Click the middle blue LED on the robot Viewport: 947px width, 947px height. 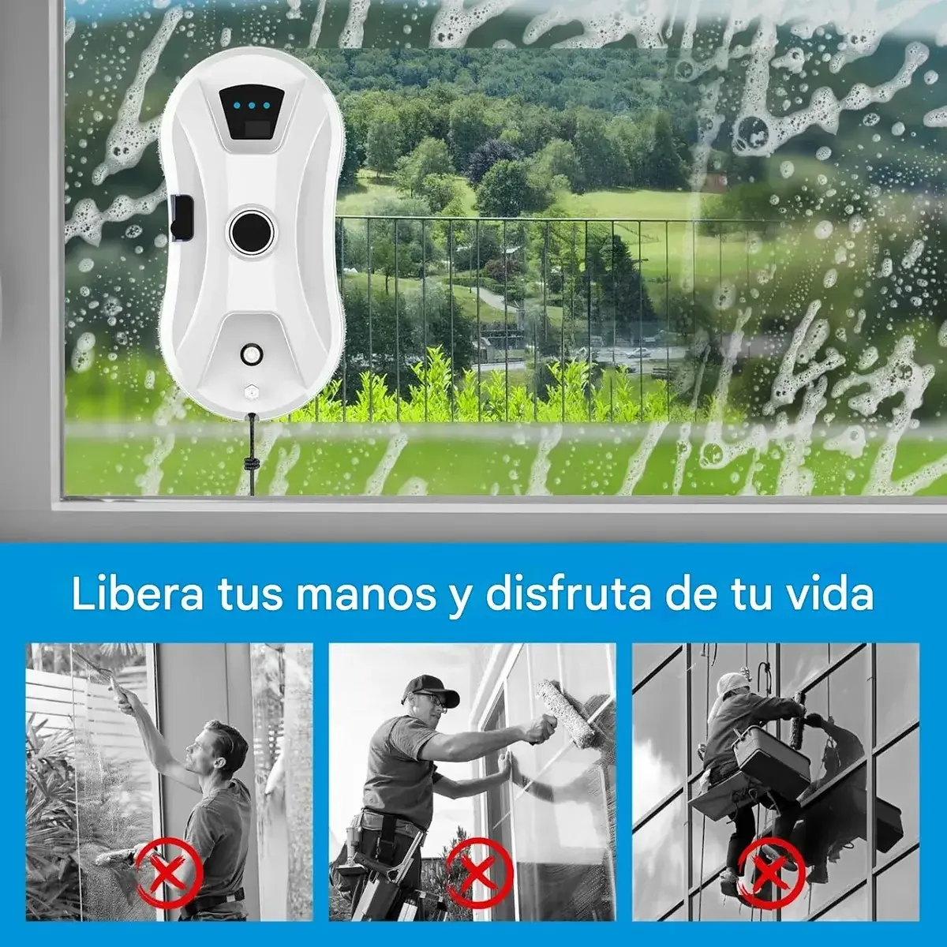252,105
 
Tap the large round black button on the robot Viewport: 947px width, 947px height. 252,230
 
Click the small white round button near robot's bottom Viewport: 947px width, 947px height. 252,354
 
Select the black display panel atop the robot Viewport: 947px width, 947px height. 252,118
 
